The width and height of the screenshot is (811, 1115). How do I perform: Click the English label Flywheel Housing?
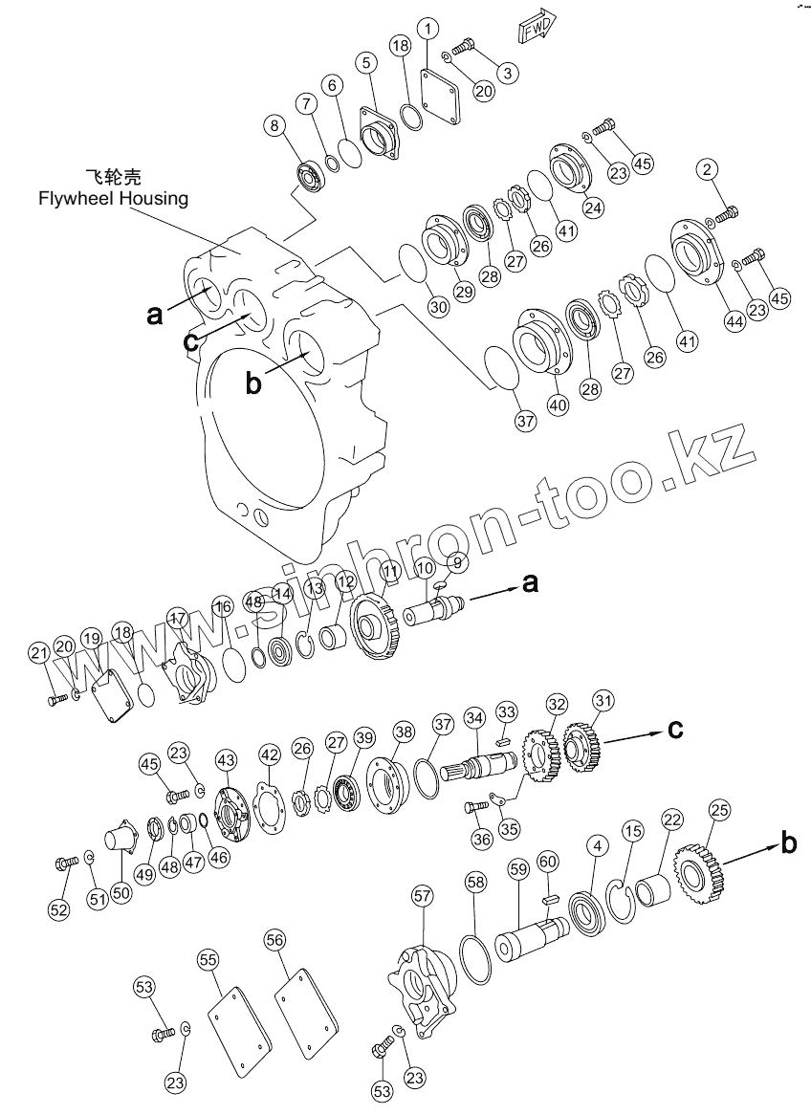pyautogui.click(x=113, y=198)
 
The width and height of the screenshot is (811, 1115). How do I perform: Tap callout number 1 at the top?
pyautogui.click(x=428, y=28)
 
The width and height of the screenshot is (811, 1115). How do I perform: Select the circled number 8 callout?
pyautogui.click(x=274, y=126)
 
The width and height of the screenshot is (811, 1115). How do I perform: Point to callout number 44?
pyautogui.click(x=734, y=322)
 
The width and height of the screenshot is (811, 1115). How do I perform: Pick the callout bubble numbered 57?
pyautogui.click(x=422, y=895)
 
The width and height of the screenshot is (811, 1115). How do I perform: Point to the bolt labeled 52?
pyautogui.click(x=67, y=865)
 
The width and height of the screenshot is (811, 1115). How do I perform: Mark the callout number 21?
pyautogui.click(x=38, y=653)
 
